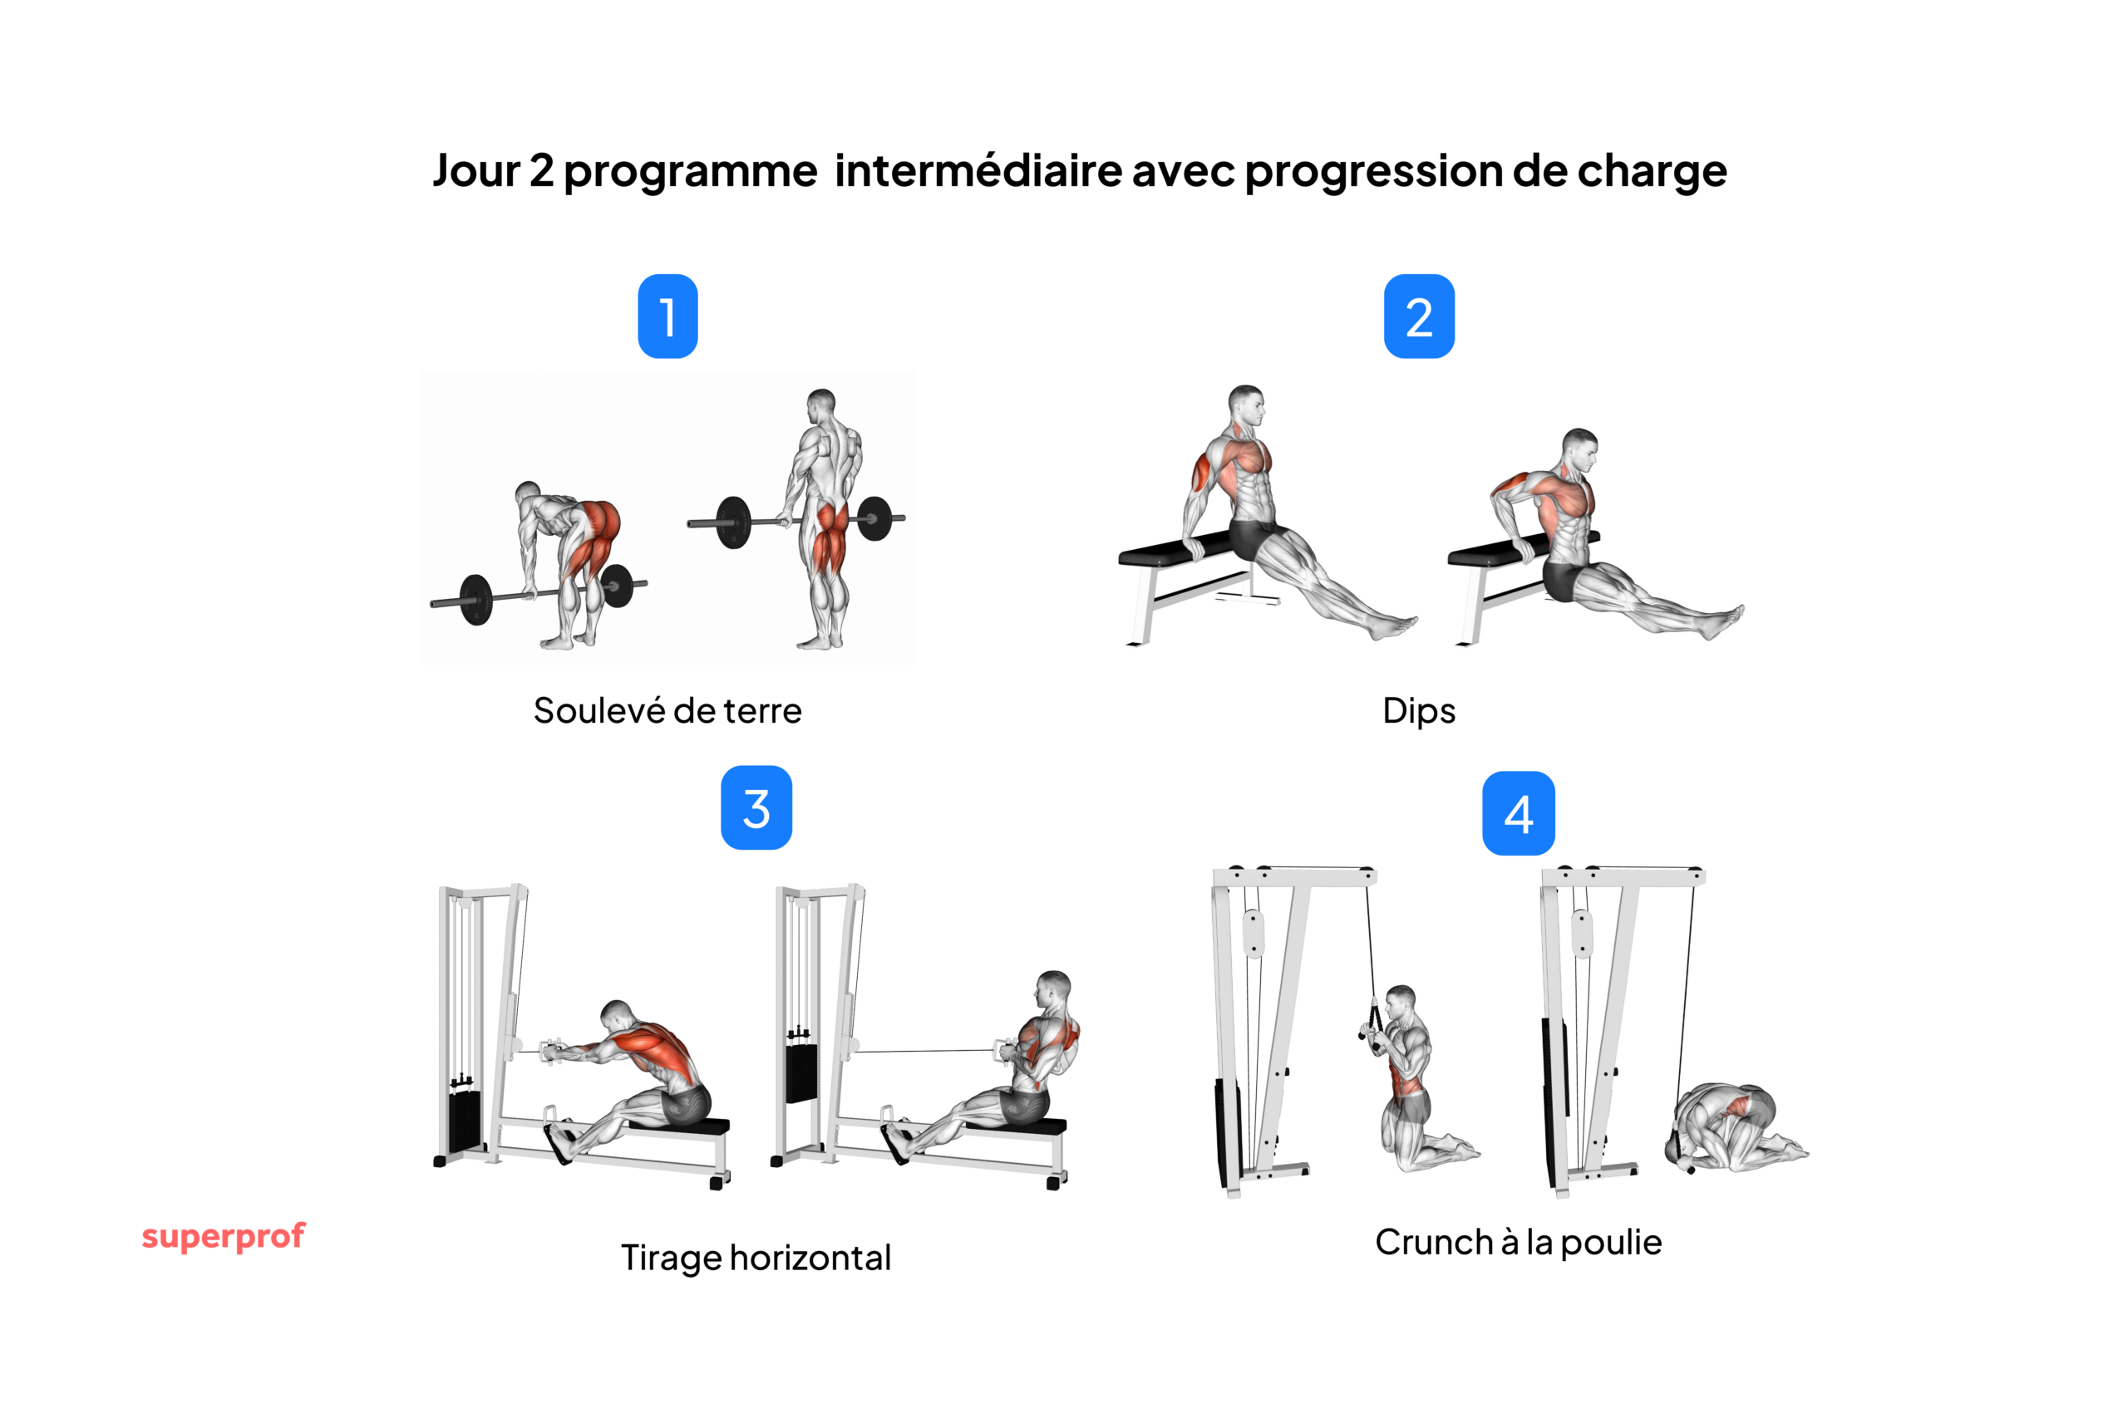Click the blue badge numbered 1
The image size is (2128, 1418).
coord(667,316)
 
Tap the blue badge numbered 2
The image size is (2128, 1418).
coord(1419,316)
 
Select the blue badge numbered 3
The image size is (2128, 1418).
coord(756,807)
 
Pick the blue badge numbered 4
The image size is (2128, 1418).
coord(1518,813)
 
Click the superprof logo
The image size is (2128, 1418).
coord(224,1235)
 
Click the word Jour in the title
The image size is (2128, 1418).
coord(476,170)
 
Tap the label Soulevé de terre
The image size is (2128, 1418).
coord(667,711)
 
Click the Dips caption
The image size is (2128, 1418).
coord(1419,711)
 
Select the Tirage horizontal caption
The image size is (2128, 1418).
coord(756,1258)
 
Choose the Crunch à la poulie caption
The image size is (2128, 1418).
coord(1518,1243)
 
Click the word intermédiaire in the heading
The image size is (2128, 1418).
coord(978,170)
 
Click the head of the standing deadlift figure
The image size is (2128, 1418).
coord(821,405)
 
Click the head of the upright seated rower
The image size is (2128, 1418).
coord(1054,989)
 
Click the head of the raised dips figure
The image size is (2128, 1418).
coord(1247,404)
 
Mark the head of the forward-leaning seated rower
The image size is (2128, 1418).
coord(617,1016)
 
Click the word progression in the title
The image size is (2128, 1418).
coord(1373,170)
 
